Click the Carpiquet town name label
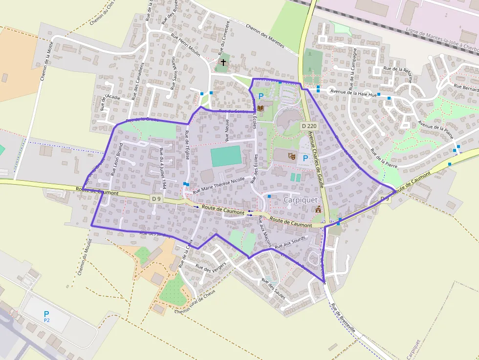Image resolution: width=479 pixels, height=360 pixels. pyautogui.click(x=301, y=200)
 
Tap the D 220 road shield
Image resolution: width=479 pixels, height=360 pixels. pyautogui.click(x=309, y=126)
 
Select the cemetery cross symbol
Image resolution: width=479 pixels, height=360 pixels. pyautogui.click(x=224, y=63)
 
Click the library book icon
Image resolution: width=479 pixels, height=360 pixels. pyautogui.click(x=261, y=107)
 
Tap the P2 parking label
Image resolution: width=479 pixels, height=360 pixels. pyautogui.click(x=47, y=320)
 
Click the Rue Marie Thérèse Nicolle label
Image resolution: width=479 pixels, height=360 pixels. pyautogui.click(x=218, y=186)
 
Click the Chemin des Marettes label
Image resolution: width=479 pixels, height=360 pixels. pyautogui.click(x=264, y=36)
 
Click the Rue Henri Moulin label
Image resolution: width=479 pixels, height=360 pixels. pyautogui.click(x=185, y=45)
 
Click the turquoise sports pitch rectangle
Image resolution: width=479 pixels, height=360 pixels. pyautogui.click(x=226, y=156)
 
